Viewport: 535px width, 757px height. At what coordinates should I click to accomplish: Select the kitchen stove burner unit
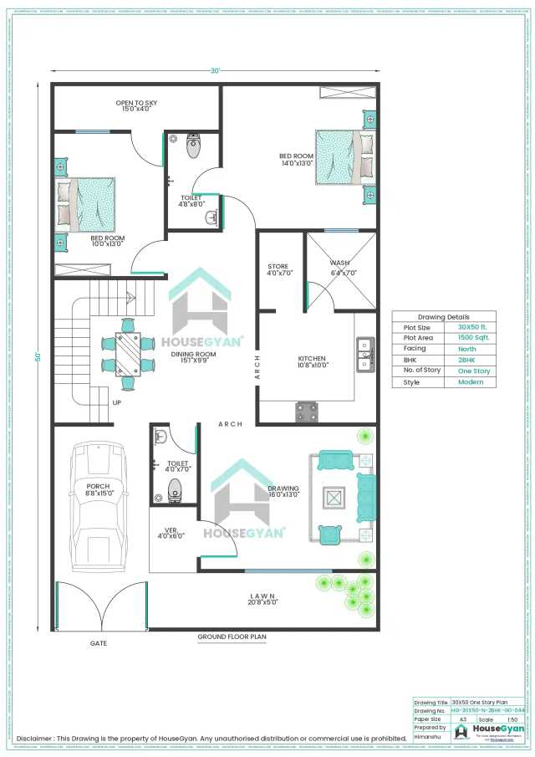(307, 412)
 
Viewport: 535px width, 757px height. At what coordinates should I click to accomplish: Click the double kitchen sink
(364, 353)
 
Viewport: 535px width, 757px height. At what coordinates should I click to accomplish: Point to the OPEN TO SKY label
(136, 106)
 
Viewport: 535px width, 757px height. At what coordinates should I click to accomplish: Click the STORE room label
(280, 268)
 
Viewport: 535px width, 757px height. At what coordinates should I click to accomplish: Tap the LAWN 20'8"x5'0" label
(262, 599)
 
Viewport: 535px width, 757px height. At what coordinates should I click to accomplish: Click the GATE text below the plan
(99, 643)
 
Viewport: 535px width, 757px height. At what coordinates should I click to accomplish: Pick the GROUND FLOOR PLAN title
(232, 637)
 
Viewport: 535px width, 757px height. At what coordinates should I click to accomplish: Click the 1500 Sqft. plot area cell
(474, 338)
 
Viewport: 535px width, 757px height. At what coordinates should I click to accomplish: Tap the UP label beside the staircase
(116, 402)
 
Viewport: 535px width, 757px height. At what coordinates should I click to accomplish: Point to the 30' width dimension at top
(216, 72)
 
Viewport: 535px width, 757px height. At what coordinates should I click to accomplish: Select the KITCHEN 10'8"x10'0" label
(313, 361)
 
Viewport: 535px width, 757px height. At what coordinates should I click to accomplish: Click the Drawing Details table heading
(443, 317)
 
